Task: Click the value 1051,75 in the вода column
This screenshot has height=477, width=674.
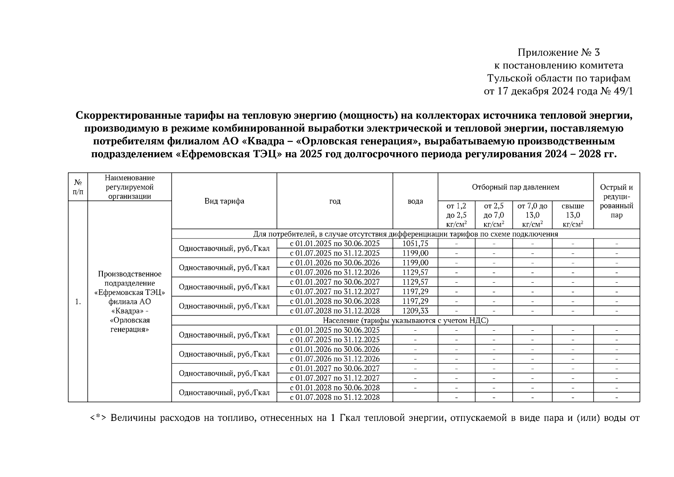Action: click(415, 243)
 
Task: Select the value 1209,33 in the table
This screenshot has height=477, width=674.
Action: click(415, 311)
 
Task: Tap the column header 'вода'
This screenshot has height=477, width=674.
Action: click(415, 201)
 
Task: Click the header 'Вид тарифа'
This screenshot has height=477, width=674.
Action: click(224, 201)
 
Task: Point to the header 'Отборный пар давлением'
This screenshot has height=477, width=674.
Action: click(515, 187)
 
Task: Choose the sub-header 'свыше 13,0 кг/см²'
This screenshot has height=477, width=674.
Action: click(572, 215)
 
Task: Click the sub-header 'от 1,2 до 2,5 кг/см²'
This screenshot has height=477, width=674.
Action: click(456, 215)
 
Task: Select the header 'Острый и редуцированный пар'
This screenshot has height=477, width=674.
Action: click(616, 201)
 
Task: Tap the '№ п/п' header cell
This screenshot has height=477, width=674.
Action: click(78, 187)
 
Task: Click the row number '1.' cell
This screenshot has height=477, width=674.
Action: click(78, 302)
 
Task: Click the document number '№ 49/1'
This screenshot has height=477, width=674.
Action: click(616, 91)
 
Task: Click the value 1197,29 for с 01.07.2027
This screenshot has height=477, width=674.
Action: click(415, 292)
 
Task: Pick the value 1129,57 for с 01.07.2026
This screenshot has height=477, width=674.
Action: click(415, 272)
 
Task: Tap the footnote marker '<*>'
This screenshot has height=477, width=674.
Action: click(98, 418)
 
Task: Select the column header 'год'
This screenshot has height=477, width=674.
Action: click(334, 201)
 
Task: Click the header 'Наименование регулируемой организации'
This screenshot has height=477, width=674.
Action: click(129, 187)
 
